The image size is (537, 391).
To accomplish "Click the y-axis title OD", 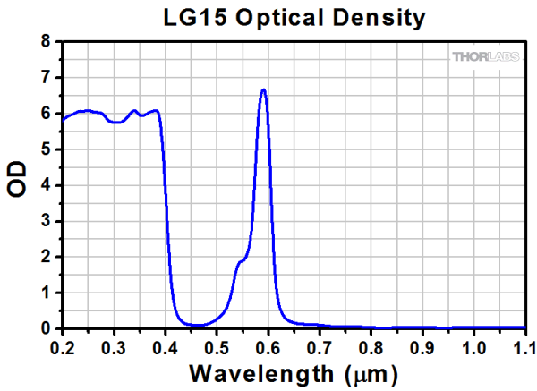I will click(x=17, y=184).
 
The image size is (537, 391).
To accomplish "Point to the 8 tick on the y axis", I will click(x=46, y=42).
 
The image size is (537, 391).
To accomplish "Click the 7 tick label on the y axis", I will click(x=46, y=78).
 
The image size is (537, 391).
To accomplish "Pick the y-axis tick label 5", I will click(x=46, y=149).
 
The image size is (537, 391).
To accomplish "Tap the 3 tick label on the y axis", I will click(x=46, y=221).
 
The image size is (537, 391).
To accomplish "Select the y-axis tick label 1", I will click(x=46, y=293).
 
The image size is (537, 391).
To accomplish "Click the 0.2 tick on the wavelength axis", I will click(x=63, y=344).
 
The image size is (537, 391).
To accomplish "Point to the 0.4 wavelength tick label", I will click(x=166, y=344).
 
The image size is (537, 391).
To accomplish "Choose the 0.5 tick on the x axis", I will click(x=217, y=344).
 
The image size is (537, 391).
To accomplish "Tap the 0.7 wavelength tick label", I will click(x=320, y=344).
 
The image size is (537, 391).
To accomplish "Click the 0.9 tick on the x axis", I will click(x=422, y=344).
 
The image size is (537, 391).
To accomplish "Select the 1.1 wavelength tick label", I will click(x=524, y=344).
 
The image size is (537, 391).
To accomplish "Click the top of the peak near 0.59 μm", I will click(x=263, y=89).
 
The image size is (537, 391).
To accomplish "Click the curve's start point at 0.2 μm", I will click(x=63, y=119).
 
